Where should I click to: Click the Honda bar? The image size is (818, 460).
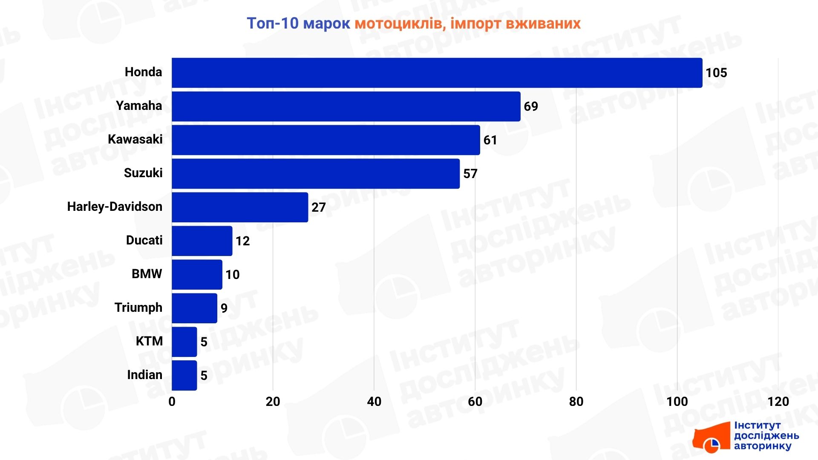click(437, 73)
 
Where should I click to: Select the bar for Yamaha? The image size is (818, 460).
click(346, 106)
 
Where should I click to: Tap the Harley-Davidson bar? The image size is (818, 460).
click(240, 207)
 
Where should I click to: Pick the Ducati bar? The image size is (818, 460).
click(202, 241)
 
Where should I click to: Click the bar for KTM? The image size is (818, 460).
click(184, 342)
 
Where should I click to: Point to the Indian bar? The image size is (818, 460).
click(184, 375)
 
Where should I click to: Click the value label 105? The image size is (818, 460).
click(716, 73)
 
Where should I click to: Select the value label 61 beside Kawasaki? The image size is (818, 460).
click(490, 140)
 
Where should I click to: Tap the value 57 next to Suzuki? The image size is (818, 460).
click(470, 174)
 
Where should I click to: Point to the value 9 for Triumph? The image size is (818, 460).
click(224, 308)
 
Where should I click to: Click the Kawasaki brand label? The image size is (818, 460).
click(135, 139)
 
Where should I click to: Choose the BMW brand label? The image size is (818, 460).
click(147, 274)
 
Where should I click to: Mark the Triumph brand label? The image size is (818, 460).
click(138, 308)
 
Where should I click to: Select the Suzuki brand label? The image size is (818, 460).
click(143, 173)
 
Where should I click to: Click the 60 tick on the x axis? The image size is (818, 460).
click(475, 402)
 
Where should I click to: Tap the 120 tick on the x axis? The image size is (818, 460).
click(778, 402)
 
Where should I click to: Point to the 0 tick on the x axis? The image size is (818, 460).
click(172, 402)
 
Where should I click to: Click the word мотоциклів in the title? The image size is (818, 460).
click(400, 23)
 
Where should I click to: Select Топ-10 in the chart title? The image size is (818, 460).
click(273, 23)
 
